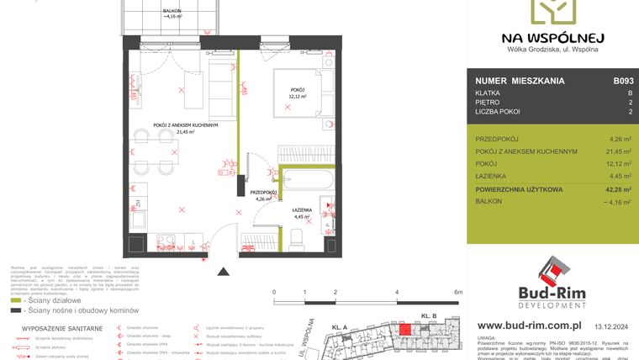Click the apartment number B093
coord(622,82)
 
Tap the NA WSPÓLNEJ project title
coord(552,37)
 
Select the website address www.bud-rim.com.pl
coord(529,324)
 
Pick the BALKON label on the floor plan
coord(175,10)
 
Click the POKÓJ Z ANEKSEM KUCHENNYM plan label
coord(186,125)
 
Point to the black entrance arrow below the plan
coord(224,272)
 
